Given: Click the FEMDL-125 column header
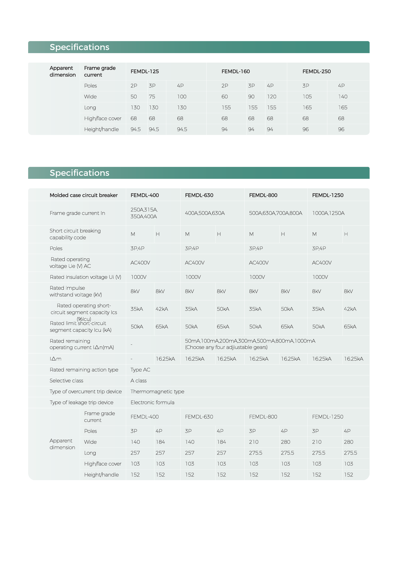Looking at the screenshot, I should pos(145,72).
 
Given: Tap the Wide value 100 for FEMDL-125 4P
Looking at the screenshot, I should pos(182,97).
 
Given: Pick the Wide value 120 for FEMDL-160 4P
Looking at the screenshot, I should pos(272,97).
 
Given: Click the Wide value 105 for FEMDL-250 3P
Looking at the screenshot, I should pos(307,97).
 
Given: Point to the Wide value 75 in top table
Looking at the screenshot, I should pos(152,97).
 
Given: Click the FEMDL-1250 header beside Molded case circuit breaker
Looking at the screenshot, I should pos(328,195).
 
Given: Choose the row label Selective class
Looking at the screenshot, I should pos(66,381).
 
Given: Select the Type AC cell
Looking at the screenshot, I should pos(140,370).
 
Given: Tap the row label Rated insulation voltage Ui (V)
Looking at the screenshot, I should pos(85,277).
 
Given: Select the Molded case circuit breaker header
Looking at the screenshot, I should pos(84,195).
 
